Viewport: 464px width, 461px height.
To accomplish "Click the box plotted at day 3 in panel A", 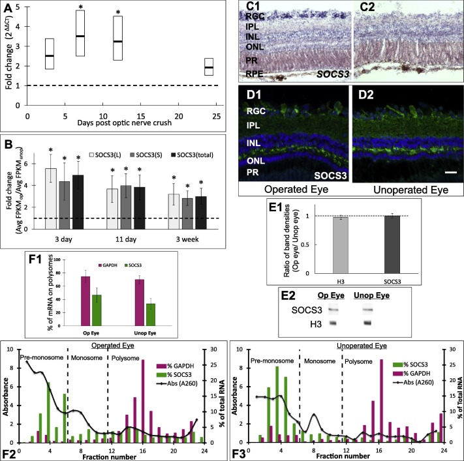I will tap(49, 53).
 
